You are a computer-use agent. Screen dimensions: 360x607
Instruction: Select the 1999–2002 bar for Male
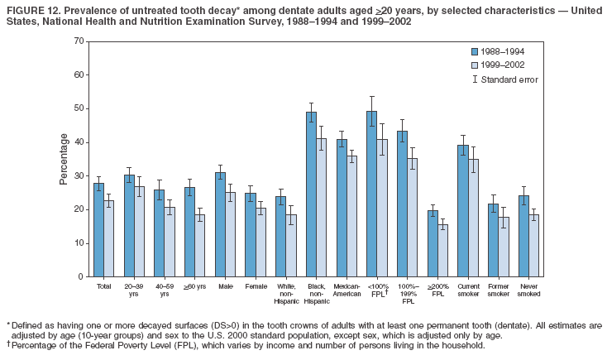[231, 234]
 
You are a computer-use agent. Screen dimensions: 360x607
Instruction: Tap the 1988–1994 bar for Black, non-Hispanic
[311, 194]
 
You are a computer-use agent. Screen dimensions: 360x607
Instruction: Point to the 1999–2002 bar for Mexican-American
[351, 216]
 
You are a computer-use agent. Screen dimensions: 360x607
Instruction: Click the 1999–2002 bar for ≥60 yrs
[200, 245]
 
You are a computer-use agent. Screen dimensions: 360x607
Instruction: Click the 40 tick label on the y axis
[78, 142]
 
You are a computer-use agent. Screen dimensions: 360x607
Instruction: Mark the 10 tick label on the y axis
[78, 243]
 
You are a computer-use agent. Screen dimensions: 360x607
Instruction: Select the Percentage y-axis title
[64, 158]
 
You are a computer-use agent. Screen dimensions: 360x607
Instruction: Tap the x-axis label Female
[256, 286]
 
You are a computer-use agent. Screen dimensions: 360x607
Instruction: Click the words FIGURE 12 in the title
[33, 8]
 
